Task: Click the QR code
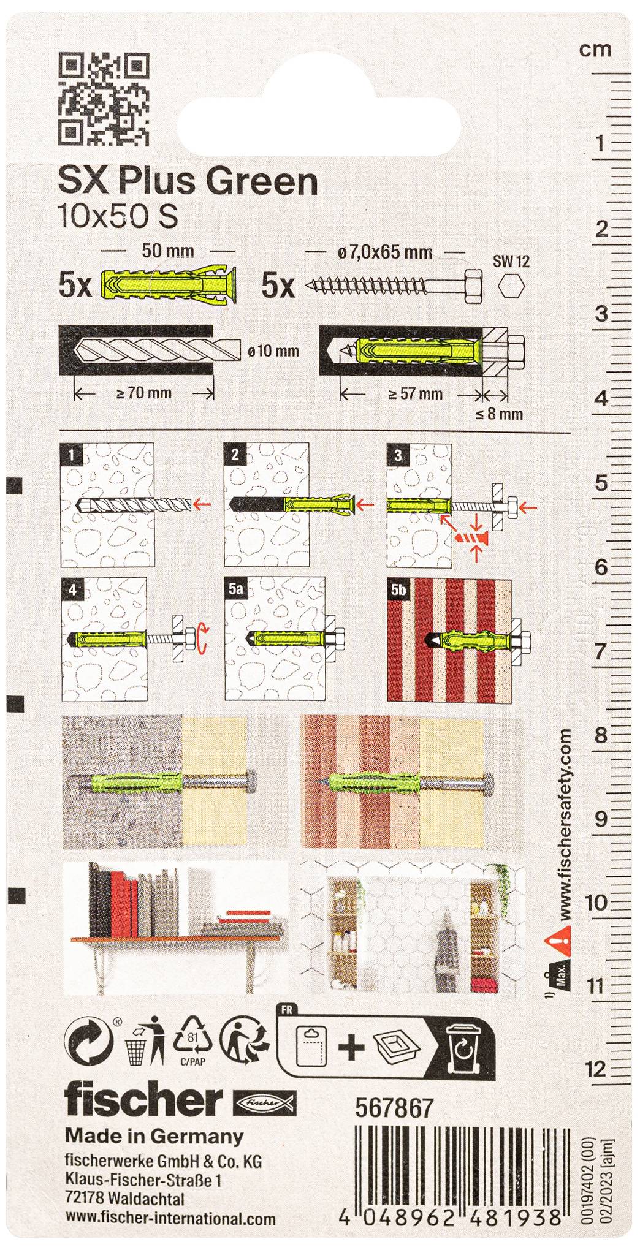104,99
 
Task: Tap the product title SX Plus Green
188,182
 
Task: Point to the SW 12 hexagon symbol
511,286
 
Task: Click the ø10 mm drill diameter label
273,351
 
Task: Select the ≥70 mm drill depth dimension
144,393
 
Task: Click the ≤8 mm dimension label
500,414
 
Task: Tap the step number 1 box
73,455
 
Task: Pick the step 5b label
398,589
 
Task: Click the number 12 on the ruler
595,1070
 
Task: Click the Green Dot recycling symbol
90,1042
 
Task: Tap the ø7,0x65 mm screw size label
384,252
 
